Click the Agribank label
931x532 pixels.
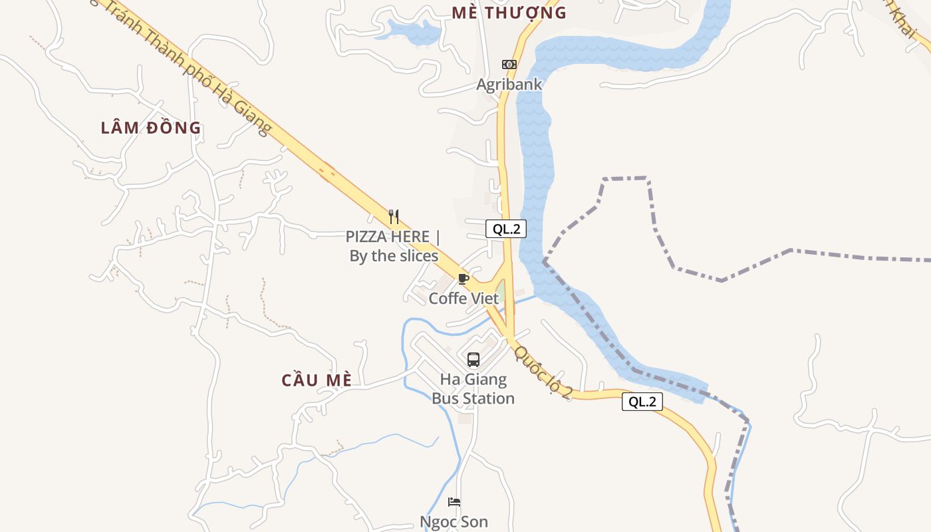pyautogui.click(x=509, y=84)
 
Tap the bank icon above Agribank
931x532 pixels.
pyautogui.click(x=509, y=65)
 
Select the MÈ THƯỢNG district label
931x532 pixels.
pyautogui.click(x=509, y=13)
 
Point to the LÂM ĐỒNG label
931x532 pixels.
pyautogui.click(x=151, y=128)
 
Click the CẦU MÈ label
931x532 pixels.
pyautogui.click(x=317, y=380)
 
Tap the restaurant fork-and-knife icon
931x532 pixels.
pyautogui.click(x=394, y=216)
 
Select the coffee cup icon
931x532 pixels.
pyautogui.click(x=464, y=279)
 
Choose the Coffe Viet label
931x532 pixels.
pyautogui.click(x=464, y=299)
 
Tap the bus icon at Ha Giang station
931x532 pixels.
pyautogui.click(x=473, y=360)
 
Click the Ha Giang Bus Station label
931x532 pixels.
pyautogui.click(x=473, y=389)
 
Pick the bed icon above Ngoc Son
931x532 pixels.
pyautogui.click(x=454, y=502)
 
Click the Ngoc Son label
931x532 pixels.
pyautogui.click(x=454, y=522)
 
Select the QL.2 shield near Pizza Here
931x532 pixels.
pyautogui.click(x=506, y=229)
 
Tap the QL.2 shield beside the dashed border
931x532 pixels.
pyautogui.click(x=642, y=402)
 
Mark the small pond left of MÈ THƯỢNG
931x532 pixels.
pyautogui.click(x=414, y=31)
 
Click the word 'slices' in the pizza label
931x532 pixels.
pyautogui.click(x=416, y=256)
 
